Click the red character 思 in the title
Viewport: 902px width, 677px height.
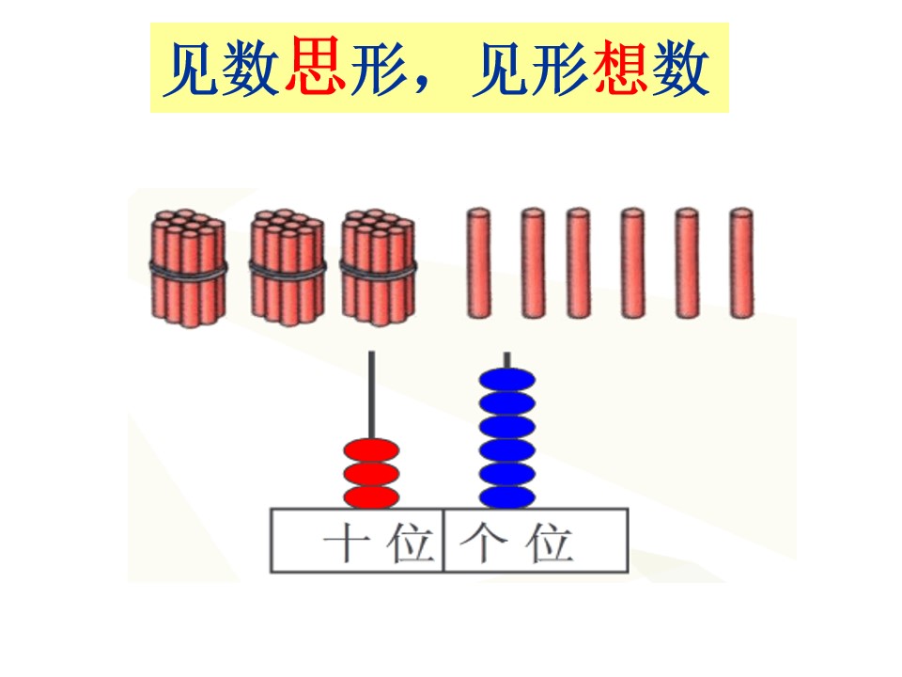(316, 65)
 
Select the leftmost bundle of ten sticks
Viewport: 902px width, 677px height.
(188, 268)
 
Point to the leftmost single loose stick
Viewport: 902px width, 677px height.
(478, 263)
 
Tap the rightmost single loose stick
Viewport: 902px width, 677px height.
(741, 263)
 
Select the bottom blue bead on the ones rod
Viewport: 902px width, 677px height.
(506, 496)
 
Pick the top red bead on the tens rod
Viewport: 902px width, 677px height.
(371, 450)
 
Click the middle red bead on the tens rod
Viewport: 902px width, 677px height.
(371, 474)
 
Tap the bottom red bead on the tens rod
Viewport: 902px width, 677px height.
(371, 497)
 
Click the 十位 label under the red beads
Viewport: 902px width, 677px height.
(378, 543)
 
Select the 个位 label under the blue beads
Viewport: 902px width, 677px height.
(516, 543)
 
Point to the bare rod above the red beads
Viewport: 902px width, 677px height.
(372, 395)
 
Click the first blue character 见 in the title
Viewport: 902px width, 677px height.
(194, 68)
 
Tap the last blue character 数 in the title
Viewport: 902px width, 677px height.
(680, 68)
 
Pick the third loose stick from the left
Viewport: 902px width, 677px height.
(578, 263)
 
